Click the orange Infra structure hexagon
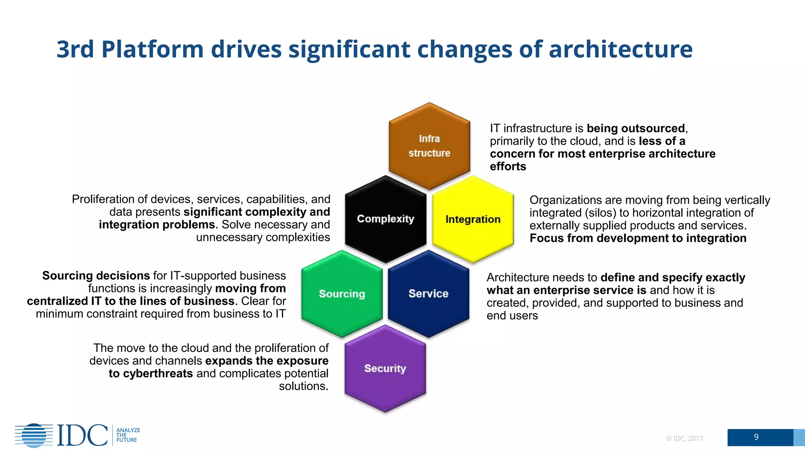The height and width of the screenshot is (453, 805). tap(429, 146)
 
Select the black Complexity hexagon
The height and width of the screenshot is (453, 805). tap(386, 219)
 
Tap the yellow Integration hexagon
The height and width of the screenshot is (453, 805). tap(473, 219)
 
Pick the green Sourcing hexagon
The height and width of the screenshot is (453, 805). tap(342, 294)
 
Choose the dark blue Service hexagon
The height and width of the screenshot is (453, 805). tap(428, 294)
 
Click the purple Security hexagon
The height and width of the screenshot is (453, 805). tap(385, 368)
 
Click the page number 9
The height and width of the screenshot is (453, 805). tap(756, 437)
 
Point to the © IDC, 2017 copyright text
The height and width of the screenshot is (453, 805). tap(684, 438)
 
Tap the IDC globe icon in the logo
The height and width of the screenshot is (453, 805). tap(34, 435)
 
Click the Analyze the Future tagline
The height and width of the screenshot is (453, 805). tap(128, 435)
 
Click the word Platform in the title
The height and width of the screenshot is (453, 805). tap(152, 50)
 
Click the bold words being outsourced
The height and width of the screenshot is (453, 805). tap(636, 129)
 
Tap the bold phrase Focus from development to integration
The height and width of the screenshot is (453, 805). tap(638, 238)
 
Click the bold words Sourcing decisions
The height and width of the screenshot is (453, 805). tap(96, 276)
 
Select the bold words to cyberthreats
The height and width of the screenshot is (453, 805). tap(151, 374)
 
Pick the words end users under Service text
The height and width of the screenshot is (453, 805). tap(512, 316)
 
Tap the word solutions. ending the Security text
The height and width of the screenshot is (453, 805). tap(303, 386)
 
